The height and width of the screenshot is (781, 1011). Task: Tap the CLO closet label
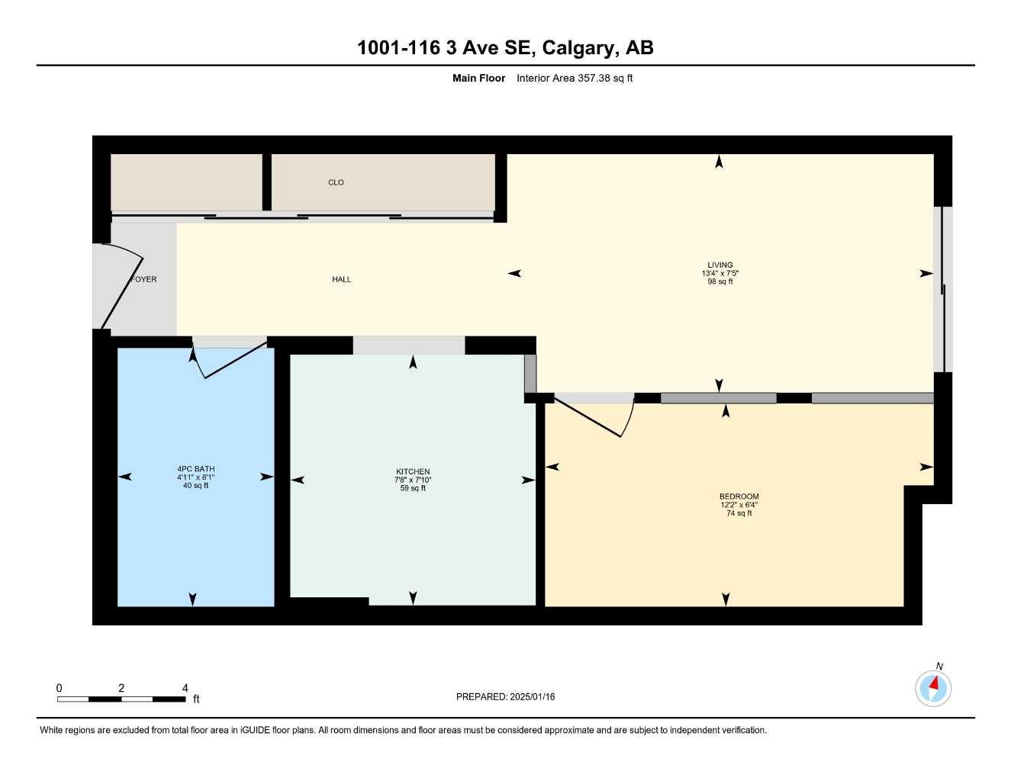coord(336,182)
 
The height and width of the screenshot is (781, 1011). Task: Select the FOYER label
coord(144,279)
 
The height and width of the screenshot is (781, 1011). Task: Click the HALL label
coord(341,279)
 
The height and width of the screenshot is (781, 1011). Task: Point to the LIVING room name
coord(720,265)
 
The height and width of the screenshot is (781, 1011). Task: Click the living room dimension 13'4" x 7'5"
coord(720,273)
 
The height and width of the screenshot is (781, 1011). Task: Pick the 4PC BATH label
coord(195,469)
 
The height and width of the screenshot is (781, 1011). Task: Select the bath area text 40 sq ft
coord(195,486)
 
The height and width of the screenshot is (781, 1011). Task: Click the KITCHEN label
coord(413,471)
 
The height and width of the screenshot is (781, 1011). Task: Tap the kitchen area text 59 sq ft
coord(413,488)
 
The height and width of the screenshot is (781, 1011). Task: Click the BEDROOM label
coord(739,497)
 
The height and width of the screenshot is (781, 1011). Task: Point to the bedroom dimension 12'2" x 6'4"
coord(739,505)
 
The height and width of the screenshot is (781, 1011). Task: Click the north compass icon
coord(933,688)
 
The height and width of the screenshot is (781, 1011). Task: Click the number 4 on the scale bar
coord(185,688)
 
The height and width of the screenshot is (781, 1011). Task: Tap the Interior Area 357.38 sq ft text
coord(575,78)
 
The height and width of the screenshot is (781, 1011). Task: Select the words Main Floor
coord(478,78)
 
